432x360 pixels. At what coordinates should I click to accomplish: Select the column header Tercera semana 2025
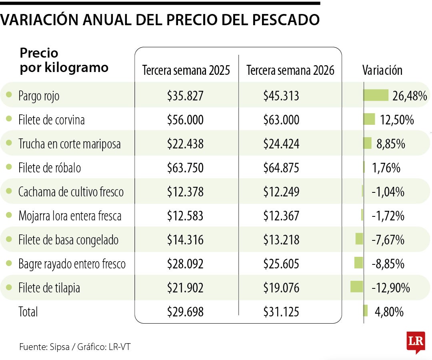click(x=186, y=70)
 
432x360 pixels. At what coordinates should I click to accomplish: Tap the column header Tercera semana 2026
click(x=290, y=70)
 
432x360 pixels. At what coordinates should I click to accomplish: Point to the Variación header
click(x=382, y=70)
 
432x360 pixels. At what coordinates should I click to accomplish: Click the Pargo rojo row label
click(x=39, y=96)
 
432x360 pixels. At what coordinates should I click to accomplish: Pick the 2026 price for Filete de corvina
click(x=281, y=120)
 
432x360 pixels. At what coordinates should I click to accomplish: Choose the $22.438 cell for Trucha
click(x=185, y=144)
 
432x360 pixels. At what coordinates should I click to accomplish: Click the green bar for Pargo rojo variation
click(x=376, y=95)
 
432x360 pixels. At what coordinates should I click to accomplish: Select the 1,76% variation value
click(x=386, y=168)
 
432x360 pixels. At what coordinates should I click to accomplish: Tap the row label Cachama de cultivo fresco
click(x=71, y=192)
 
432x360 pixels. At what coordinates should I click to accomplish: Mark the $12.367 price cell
click(x=281, y=216)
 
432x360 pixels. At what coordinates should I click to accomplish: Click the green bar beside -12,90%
click(x=356, y=287)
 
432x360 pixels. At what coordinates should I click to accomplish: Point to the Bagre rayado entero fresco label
click(x=72, y=264)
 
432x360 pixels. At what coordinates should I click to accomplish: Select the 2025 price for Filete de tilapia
click(x=185, y=288)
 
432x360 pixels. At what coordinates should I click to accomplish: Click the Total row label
click(x=28, y=312)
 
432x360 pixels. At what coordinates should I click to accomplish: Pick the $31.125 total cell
click(x=281, y=312)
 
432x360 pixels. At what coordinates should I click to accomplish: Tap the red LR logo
click(x=415, y=342)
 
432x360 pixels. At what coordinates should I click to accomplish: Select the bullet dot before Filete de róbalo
click(x=9, y=167)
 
